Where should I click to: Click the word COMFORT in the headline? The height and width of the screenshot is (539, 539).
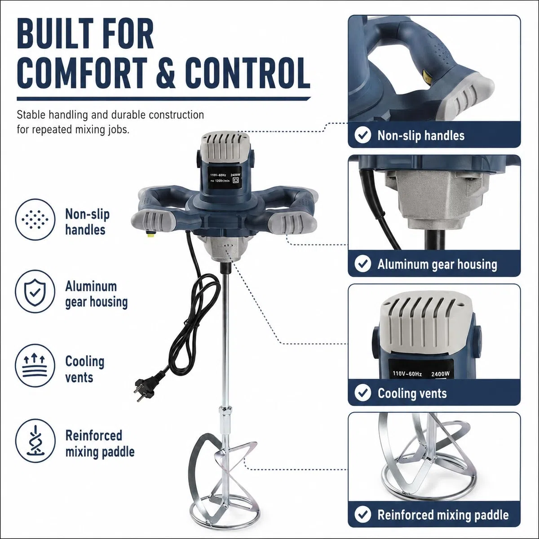pyautogui.click(x=82, y=72)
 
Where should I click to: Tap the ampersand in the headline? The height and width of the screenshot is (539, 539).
pyautogui.click(x=166, y=72)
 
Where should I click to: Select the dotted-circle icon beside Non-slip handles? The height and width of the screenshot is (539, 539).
pyautogui.click(x=35, y=220)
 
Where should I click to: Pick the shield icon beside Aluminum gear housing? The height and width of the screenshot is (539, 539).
pyautogui.click(x=35, y=292)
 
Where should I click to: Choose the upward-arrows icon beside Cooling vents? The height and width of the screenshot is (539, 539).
pyautogui.click(x=35, y=366)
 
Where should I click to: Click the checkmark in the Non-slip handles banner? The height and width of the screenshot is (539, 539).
pyautogui.click(x=363, y=135)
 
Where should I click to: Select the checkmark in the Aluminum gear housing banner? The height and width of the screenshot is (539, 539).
pyautogui.click(x=363, y=264)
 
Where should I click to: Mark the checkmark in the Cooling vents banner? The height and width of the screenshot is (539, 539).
pyautogui.click(x=363, y=393)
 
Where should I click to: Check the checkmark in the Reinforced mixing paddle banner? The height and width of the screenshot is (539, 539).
pyautogui.click(x=363, y=514)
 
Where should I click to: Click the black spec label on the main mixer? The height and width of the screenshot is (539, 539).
pyautogui.click(x=225, y=178)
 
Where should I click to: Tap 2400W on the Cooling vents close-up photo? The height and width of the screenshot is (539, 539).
pyautogui.click(x=440, y=374)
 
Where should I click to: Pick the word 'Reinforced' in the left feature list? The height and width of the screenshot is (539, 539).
pyautogui.click(x=94, y=436)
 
